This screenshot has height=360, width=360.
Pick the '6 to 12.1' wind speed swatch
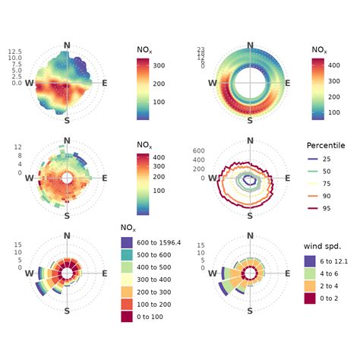point(311,261)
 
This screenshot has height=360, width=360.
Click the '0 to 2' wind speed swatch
point(311,298)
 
